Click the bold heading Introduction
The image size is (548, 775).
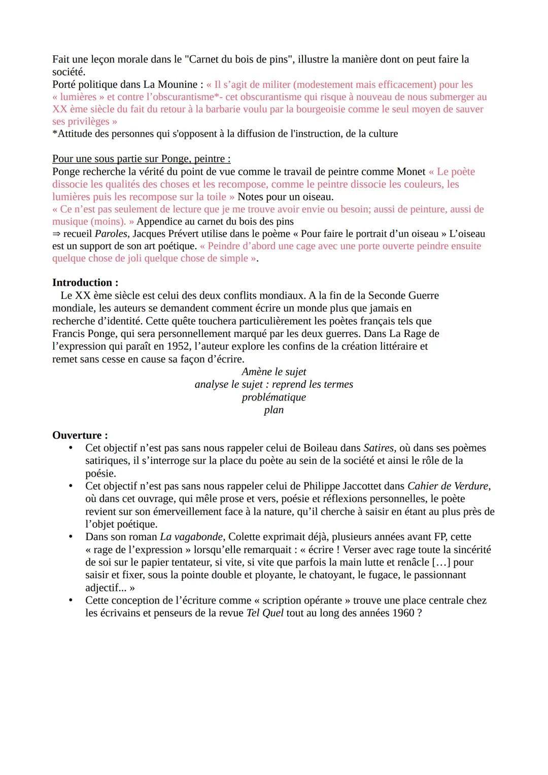85,283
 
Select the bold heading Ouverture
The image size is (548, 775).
80,435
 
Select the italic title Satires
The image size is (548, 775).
379,448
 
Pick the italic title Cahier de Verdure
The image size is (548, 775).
449,486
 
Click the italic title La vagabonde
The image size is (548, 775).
191,537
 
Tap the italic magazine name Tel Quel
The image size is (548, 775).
265,613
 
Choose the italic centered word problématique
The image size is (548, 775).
274,397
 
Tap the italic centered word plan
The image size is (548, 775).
274,410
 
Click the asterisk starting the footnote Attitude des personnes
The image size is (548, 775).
55,133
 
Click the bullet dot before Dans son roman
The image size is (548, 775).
72,537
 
